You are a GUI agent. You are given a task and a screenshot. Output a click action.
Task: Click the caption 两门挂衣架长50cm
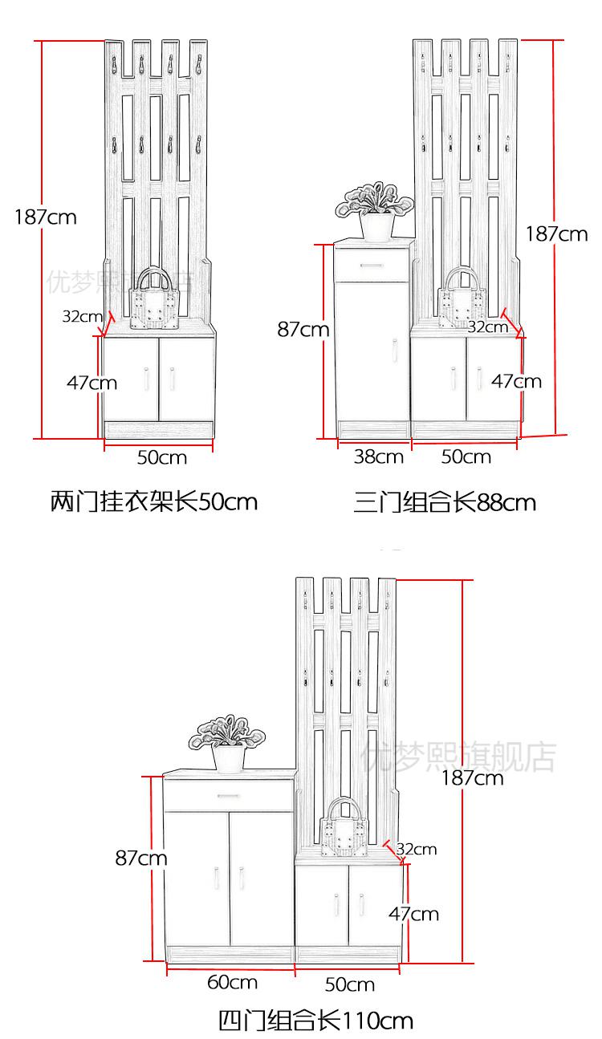[154, 502]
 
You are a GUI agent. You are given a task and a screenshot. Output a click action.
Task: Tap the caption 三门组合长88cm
[445, 503]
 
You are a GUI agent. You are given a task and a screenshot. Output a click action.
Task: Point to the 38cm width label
[378, 457]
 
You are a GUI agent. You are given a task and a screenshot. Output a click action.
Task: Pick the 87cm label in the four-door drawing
[141, 858]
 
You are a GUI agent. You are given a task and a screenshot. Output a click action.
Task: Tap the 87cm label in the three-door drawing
[303, 329]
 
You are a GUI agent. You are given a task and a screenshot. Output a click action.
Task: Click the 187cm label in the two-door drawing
[45, 217]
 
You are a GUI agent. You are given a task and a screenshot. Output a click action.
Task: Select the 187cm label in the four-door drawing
[473, 777]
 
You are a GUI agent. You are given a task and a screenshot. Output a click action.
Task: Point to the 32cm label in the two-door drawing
[82, 315]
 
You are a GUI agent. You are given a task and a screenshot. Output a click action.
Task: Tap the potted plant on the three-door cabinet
[374, 211]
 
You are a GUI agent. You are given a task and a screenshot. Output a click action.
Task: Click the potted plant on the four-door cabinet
[228, 742]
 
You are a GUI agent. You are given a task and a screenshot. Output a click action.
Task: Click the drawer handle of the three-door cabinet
[372, 265]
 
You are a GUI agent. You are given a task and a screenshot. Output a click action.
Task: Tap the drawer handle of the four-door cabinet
[228, 795]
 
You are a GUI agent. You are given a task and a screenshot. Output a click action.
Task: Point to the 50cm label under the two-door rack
[161, 457]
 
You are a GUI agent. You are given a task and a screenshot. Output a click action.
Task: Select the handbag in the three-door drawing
[463, 298]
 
